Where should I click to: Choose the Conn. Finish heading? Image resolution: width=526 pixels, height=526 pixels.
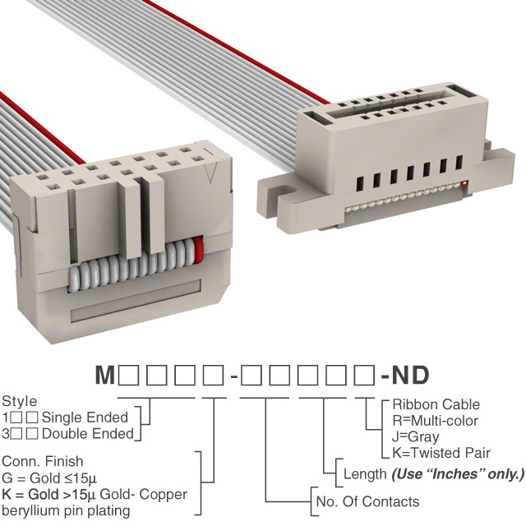click(43, 463)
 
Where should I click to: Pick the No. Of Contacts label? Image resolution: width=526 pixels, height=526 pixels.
click(367, 501)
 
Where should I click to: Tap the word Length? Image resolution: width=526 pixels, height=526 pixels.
click(364, 474)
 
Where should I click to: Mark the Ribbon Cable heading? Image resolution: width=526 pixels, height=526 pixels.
click(436, 405)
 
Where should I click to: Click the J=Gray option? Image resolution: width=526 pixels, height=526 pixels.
click(416, 436)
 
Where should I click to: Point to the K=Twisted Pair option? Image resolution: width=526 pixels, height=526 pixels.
click(441, 453)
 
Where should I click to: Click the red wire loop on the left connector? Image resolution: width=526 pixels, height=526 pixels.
click(198, 247)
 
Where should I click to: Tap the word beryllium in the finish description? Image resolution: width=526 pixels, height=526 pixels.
click(29, 511)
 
